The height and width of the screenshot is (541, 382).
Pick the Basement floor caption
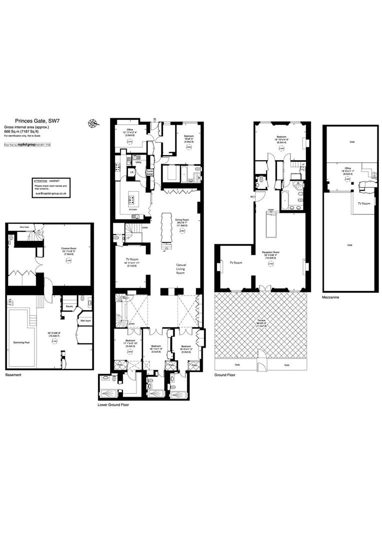(x=13, y=375)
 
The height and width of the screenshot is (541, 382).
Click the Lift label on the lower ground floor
(x=131, y=172)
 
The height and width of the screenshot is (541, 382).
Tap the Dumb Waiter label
(x=149, y=172)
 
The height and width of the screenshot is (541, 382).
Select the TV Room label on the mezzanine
(x=364, y=203)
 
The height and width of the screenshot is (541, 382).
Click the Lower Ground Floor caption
(x=113, y=404)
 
